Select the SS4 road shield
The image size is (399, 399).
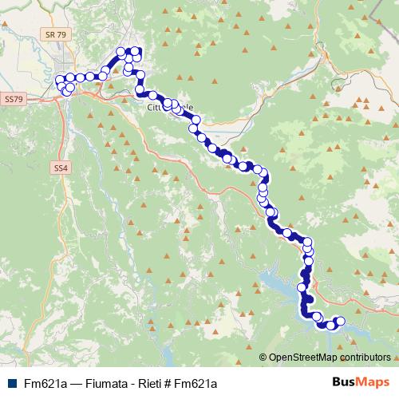[61, 168]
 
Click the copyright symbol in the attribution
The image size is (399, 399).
[263, 357]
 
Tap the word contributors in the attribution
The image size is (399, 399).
[364, 357]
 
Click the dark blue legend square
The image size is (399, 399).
[10, 383]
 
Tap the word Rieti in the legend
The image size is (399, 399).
[148, 383]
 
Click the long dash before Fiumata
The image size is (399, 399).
[77, 383]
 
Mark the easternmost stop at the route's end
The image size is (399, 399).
[341, 322]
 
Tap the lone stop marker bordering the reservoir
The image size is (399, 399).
[302, 286]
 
